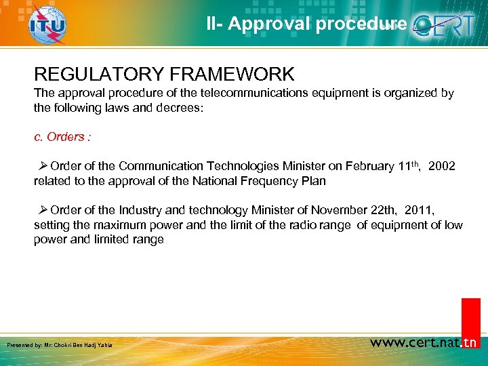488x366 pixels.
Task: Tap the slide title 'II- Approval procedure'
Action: coord(306,24)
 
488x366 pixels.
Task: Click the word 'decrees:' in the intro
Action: coord(181,107)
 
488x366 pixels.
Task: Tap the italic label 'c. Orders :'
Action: coord(62,137)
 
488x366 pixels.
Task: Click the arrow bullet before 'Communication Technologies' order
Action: coord(43,166)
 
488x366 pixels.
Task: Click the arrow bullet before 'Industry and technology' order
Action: coord(43,211)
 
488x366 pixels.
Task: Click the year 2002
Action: coord(442,166)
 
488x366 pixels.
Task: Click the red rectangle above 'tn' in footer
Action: coord(470,314)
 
